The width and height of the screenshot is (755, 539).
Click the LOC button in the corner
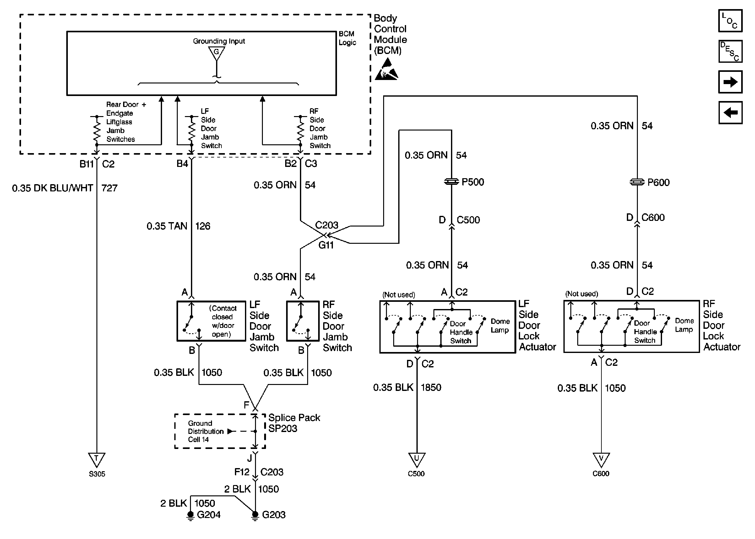coord(730,21)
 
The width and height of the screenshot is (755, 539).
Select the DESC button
coord(730,51)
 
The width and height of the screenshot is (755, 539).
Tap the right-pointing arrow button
coord(730,82)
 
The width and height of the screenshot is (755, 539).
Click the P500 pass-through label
coord(472,182)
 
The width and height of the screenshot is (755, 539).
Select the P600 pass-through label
coord(658,182)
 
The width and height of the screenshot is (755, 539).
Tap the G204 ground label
coord(208,515)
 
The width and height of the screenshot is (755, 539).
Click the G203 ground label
coord(273,515)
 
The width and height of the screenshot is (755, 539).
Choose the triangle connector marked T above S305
coord(96,459)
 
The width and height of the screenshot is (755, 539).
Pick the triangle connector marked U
coord(416,459)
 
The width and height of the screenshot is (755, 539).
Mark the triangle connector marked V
coord(601,459)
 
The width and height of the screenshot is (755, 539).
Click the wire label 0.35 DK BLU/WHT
coord(52,188)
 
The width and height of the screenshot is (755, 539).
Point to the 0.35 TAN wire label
coord(167,226)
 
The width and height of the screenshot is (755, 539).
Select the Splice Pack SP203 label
coord(294,423)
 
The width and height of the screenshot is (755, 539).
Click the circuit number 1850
coord(431,387)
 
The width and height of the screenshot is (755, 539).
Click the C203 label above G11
coord(326,225)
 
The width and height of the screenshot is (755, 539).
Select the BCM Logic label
coord(347,38)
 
